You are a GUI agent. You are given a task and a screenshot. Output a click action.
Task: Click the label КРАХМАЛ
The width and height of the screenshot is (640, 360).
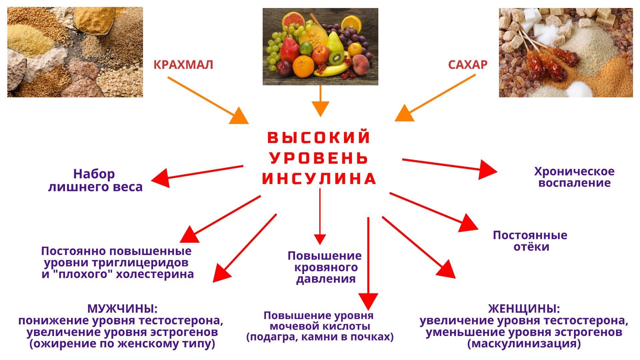(x=183, y=64)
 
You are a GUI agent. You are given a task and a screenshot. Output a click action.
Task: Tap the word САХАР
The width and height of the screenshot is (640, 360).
(x=468, y=64)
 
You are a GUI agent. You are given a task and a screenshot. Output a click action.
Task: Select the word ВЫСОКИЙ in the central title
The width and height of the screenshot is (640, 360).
(x=319, y=137)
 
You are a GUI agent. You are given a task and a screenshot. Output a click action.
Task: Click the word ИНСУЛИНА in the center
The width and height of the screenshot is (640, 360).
(x=319, y=179)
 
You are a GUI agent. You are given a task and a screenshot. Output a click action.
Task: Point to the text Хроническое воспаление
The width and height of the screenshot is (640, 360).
(x=574, y=177)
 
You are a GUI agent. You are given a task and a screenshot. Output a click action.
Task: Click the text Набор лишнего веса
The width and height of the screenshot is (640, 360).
(x=95, y=180)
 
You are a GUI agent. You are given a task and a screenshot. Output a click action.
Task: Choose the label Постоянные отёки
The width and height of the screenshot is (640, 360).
(x=530, y=241)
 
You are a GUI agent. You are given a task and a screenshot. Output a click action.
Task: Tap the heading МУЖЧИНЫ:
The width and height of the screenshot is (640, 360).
(x=122, y=309)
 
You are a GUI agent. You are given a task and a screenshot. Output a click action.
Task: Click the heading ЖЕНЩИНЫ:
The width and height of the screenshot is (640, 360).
(x=524, y=309)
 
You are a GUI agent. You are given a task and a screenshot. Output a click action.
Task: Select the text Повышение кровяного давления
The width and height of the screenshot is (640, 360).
(x=325, y=267)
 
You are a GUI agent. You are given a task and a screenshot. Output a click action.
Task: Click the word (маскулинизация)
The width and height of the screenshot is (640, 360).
(x=524, y=344)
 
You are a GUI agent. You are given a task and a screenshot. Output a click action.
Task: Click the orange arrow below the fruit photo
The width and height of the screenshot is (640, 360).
(x=320, y=101)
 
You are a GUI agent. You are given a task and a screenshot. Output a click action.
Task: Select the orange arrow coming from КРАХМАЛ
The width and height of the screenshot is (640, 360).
(x=208, y=100)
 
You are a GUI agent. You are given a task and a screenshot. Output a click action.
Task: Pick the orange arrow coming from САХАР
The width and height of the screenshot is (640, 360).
(x=435, y=98)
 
